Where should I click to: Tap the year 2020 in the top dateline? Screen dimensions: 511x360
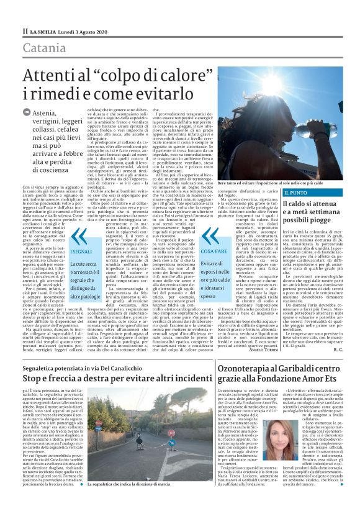pyautogui.click(x=99, y=29)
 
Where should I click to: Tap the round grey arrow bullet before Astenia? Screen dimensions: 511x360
pyautogui.click(x=26, y=112)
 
